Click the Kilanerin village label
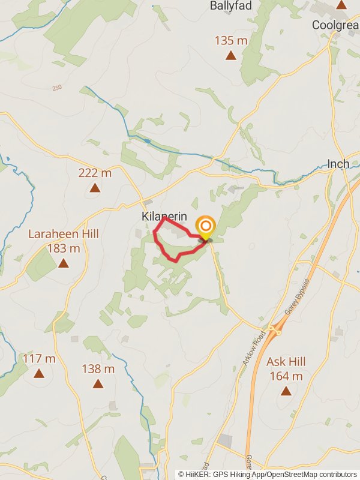tap(165, 217)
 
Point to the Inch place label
tap(338, 164)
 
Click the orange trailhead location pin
tap(206, 227)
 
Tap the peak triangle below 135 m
tap(230, 56)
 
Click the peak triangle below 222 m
tap(95, 188)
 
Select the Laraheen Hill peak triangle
tap(64, 263)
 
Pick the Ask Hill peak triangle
tap(286, 391)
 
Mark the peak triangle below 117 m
tap(39, 373)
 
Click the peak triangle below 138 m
tap(98, 383)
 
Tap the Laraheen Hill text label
tap(64, 234)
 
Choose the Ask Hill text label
tap(286, 362)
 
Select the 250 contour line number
tap(57, 88)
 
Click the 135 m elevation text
tap(230, 41)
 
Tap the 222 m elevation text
tap(95, 173)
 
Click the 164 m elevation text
tap(286, 376)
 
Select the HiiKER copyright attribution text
tap(267, 474)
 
